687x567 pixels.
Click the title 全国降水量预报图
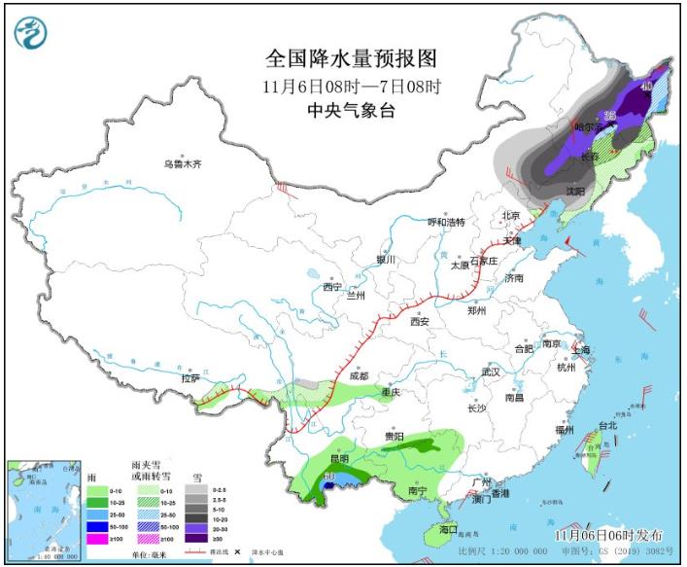tap(351, 58)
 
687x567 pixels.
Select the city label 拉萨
tap(190, 377)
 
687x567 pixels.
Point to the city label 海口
tap(447, 530)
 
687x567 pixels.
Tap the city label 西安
tap(419, 321)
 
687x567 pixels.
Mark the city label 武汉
tap(490, 372)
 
